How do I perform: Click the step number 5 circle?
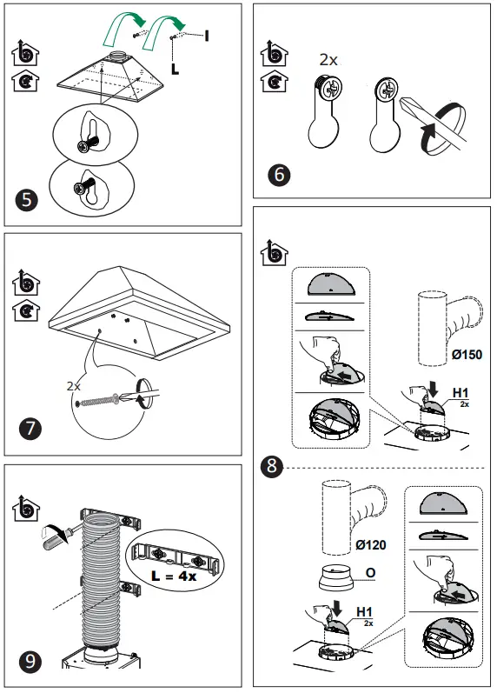(27, 199)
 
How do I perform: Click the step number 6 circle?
(279, 174)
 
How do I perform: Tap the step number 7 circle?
(29, 429)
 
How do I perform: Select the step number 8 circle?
(272, 467)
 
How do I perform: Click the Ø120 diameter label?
(370, 545)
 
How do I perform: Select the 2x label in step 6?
(328, 60)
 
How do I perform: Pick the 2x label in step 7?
(75, 384)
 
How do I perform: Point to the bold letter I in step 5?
(207, 35)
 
